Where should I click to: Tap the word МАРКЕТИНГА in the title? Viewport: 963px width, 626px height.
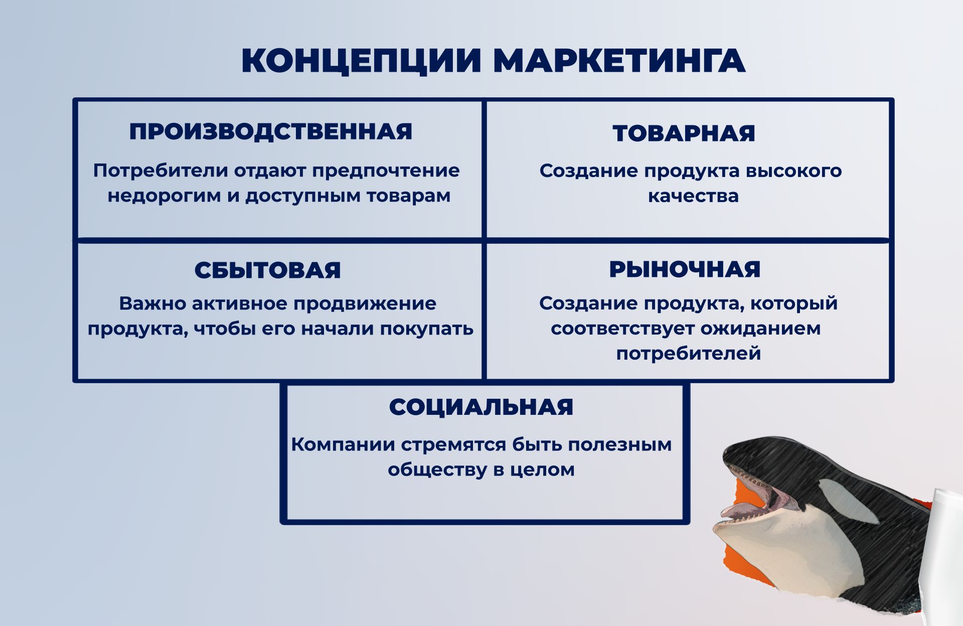(x=619, y=61)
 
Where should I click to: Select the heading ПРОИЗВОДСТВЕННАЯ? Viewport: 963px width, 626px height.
(x=271, y=132)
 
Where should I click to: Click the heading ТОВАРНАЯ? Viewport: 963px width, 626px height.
(x=684, y=133)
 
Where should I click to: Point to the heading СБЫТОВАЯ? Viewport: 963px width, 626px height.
(x=267, y=270)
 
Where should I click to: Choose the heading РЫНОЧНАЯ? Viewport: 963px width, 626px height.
(x=685, y=269)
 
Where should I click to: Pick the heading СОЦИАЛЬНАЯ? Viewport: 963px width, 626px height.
(x=481, y=407)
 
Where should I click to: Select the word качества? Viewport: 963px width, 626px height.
(x=693, y=196)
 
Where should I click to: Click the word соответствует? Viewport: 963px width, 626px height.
(x=622, y=329)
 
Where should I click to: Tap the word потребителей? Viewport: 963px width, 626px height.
(x=689, y=354)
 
